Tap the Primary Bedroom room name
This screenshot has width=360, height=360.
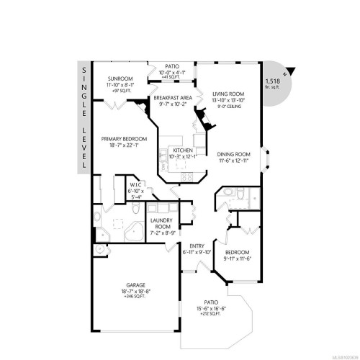[124, 139]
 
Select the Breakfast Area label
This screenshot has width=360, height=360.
[171, 97]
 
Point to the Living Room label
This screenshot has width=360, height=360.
[228, 92]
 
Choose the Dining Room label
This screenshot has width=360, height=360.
[233, 153]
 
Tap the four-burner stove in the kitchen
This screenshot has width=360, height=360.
[186, 176]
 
